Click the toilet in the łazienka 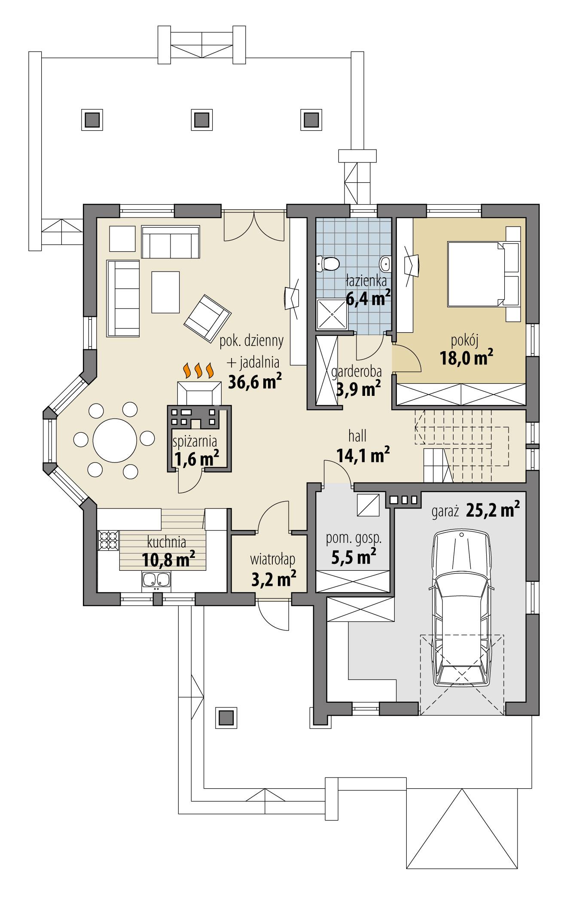coord(329,263)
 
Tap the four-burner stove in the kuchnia coord(108,540)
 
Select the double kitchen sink coord(155,580)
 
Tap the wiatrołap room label coord(273,559)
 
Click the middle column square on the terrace coord(201,119)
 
